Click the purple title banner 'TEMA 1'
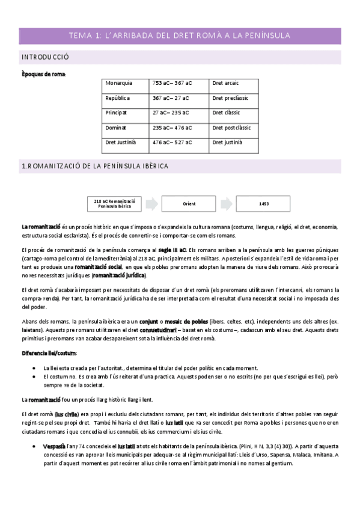point(180,36)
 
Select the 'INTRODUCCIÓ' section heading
point(46,57)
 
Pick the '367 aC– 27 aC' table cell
point(171,98)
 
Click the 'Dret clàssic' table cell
point(225,112)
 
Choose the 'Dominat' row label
point(115,127)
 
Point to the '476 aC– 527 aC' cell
point(172,143)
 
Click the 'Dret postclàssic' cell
point(231,127)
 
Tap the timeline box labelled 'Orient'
point(189,204)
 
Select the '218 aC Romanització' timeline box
point(115,204)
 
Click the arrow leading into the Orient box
point(151,204)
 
